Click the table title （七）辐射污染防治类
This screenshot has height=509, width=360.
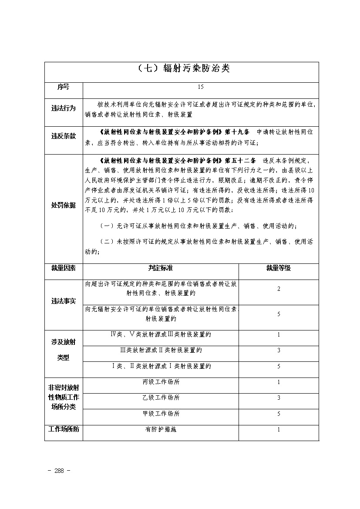pos(182,69)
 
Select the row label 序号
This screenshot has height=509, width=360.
pos(64,87)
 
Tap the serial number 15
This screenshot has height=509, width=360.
pos(200,87)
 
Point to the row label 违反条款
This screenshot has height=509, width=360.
pos(64,136)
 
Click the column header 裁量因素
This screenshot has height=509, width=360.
pos(64,268)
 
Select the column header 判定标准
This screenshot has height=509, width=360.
pos(160,268)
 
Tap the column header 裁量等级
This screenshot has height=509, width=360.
pos(279,268)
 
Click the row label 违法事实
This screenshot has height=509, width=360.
pos(64,301)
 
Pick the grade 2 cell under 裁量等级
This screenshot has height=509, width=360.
pos(279,289)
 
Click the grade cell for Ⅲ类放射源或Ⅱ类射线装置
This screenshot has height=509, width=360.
pos(279,351)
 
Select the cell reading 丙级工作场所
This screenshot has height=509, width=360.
pos(161,382)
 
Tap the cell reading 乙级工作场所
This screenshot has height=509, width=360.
pos(161,398)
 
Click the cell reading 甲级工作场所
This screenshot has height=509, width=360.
pos(161,414)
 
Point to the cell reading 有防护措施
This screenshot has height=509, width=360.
pos(161,429)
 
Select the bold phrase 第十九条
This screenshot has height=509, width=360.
pos(238,131)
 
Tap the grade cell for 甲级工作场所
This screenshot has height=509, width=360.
pos(279,414)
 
